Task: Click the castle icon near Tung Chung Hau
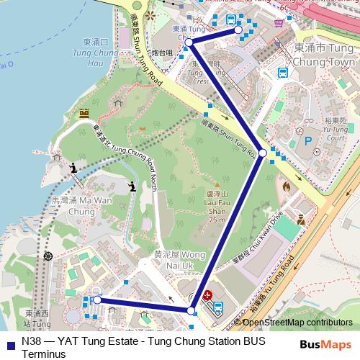pyautogui.click(x=84, y=114)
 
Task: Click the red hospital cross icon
pyautogui.click(x=207, y=295)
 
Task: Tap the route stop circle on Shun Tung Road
pyautogui.click(x=263, y=153)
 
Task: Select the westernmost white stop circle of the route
pyautogui.click(x=97, y=300)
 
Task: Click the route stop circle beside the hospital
pyautogui.click(x=191, y=311)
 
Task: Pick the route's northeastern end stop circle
pyautogui.click(x=238, y=31)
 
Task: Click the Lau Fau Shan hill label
pyautogui.click(x=217, y=207)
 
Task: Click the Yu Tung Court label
pyautogui.click(x=337, y=132)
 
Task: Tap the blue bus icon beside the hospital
pyautogui.click(x=217, y=305)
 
